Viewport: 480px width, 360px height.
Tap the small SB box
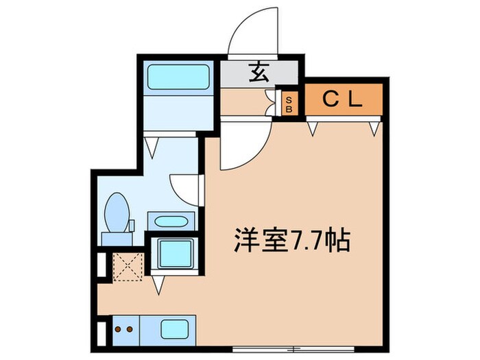click(288, 104)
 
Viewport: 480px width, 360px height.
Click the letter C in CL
click(331, 100)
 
